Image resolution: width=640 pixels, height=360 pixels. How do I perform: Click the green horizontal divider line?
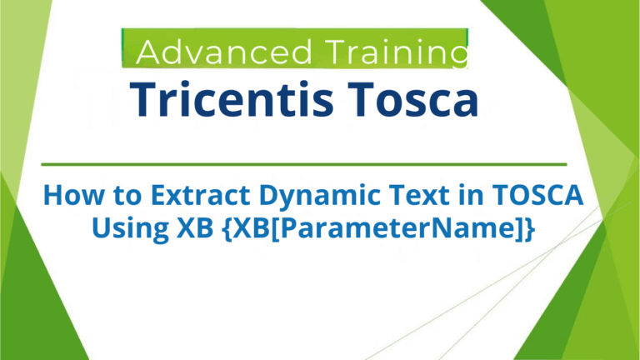[303, 164]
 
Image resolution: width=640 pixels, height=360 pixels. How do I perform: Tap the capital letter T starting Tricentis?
[142, 100]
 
